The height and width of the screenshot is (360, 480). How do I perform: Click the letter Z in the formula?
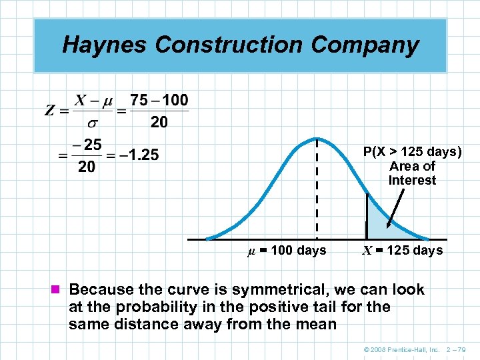click(x=50, y=111)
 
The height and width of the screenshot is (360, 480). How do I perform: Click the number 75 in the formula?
click(x=139, y=100)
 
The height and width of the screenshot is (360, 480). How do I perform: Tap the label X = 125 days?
click(x=402, y=251)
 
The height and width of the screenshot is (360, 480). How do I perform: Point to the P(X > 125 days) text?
click(x=412, y=152)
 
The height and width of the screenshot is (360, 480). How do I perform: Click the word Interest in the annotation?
click(x=412, y=181)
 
